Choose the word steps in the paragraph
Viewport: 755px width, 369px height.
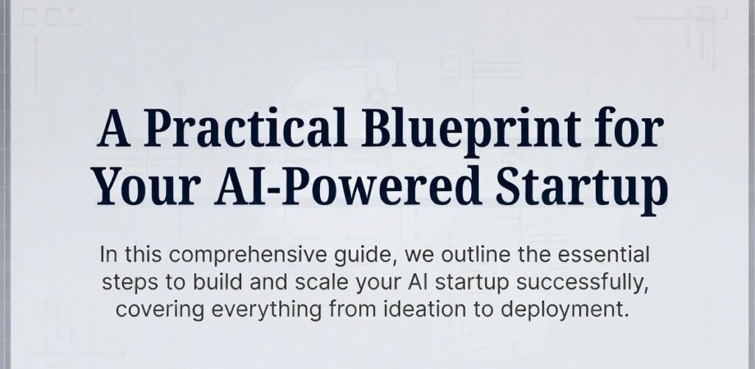pyautogui.click(x=122, y=283)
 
